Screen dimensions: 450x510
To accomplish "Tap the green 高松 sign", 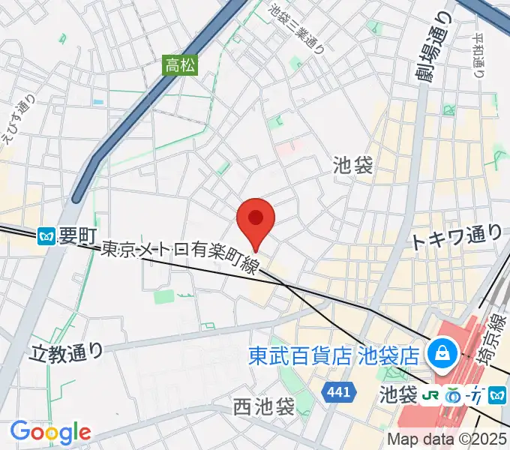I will [180, 66].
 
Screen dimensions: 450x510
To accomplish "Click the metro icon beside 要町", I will [46, 236].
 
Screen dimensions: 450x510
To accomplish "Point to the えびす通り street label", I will [17, 124].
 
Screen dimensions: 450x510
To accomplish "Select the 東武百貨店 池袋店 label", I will [333, 352].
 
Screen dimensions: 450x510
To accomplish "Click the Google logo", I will [50, 432].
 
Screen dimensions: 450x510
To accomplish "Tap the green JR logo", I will [431, 393].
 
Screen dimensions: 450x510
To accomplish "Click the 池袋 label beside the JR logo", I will [398, 393].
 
